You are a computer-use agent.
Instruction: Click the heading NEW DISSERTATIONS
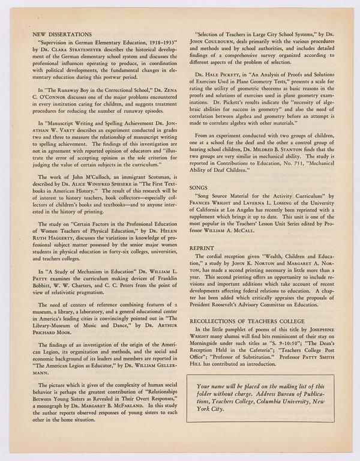[x=62, y=35]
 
